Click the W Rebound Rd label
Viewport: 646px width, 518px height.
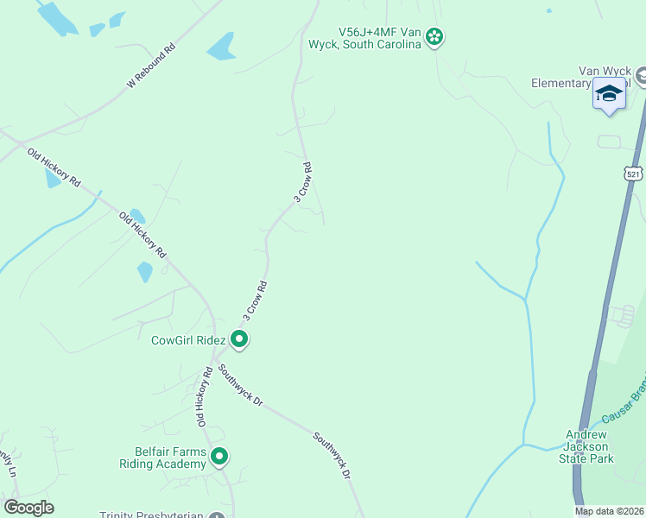tap(151, 65)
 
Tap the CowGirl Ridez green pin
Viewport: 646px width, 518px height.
tap(240, 340)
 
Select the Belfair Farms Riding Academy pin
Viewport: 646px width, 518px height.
tap(219, 456)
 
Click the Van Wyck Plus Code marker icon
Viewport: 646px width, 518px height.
tap(434, 36)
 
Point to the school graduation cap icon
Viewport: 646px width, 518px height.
tap(609, 93)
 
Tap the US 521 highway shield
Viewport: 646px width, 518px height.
tap(635, 174)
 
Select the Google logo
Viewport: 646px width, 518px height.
tap(28, 508)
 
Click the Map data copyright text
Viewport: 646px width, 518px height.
tap(610, 511)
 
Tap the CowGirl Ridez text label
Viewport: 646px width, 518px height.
tap(188, 341)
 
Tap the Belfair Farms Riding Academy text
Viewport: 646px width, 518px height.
tap(163, 458)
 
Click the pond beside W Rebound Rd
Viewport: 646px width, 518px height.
tap(221, 46)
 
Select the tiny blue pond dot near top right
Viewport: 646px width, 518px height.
tap(548, 11)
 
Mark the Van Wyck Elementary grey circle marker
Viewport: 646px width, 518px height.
tap(641, 77)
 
